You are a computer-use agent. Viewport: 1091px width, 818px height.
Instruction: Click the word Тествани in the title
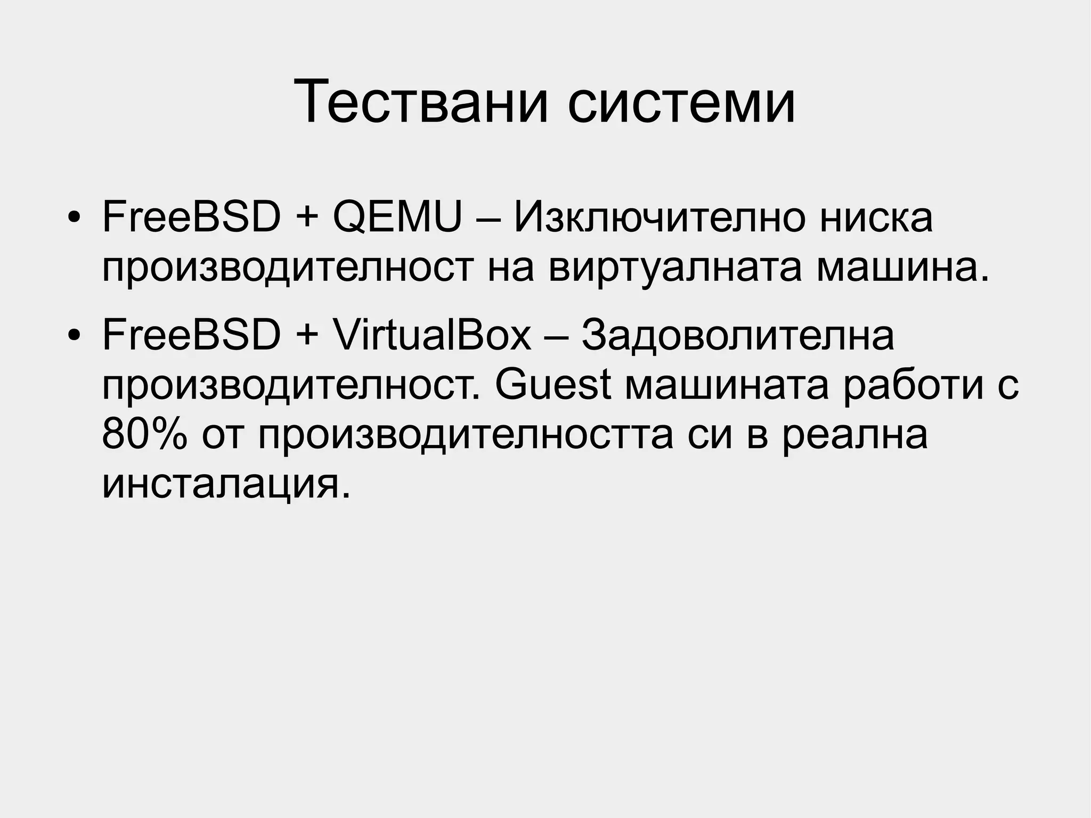(421, 101)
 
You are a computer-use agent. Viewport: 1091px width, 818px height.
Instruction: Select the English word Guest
(552, 385)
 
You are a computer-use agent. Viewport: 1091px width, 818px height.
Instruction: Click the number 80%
(144, 434)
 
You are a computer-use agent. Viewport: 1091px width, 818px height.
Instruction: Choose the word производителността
(466, 434)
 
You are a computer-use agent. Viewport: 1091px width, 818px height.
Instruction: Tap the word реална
(854, 434)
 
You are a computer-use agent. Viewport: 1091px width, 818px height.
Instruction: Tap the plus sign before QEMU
(306, 218)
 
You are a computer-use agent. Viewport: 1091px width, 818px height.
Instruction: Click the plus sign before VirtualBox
(306, 336)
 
